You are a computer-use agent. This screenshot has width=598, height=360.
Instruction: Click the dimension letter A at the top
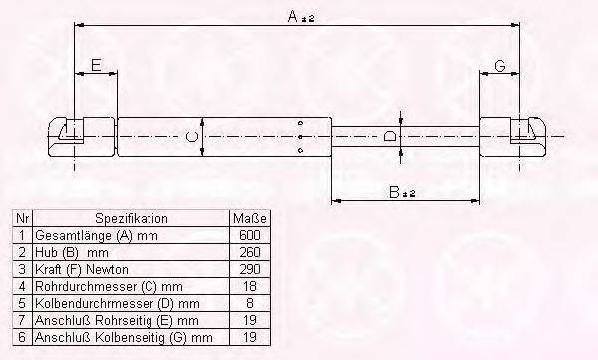[292, 16]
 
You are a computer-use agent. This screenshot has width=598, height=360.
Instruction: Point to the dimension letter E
[96, 65]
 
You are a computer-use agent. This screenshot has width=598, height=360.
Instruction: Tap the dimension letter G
[500, 66]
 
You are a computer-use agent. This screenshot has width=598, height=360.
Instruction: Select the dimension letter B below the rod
[394, 192]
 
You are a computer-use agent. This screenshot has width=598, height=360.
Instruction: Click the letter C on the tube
[192, 137]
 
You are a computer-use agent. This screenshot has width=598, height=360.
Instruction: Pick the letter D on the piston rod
[389, 136]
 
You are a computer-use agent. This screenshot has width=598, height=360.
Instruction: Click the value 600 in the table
[250, 235]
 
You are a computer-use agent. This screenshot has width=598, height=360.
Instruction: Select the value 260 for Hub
[250, 252]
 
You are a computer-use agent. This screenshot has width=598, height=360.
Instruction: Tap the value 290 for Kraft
[250, 269]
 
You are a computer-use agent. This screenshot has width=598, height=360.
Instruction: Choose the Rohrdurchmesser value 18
[250, 286]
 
